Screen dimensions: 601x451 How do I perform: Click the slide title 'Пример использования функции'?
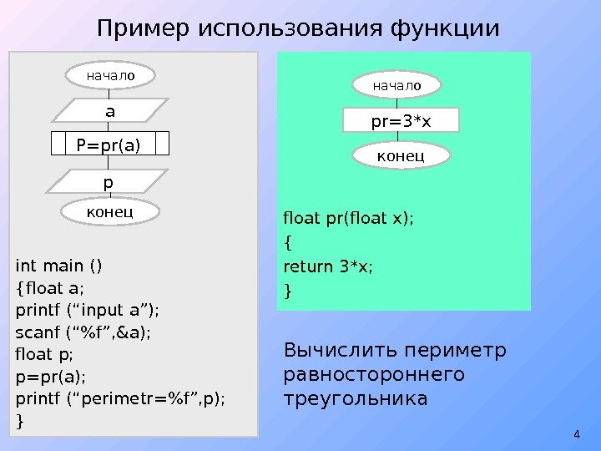click(298, 28)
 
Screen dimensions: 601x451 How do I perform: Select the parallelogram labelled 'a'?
click(109, 110)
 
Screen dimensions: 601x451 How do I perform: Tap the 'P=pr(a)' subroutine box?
click(109, 144)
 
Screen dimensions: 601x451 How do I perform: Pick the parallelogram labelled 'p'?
click(109, 180)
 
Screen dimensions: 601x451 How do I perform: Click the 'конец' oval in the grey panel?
click(109, 212)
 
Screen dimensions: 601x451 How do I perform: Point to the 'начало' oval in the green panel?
click(396, 84)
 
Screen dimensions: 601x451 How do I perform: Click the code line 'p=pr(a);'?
click(50, 375)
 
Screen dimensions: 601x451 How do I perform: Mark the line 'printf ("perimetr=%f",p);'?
click(120, 397)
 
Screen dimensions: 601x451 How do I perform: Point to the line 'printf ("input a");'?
click(87, 311)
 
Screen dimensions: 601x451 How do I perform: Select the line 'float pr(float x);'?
click(349, 220)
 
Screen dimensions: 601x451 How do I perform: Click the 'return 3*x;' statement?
click(329, 267)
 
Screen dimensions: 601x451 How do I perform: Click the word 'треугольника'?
click(356, 399)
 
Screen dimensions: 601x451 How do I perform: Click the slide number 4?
click(577, 433)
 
